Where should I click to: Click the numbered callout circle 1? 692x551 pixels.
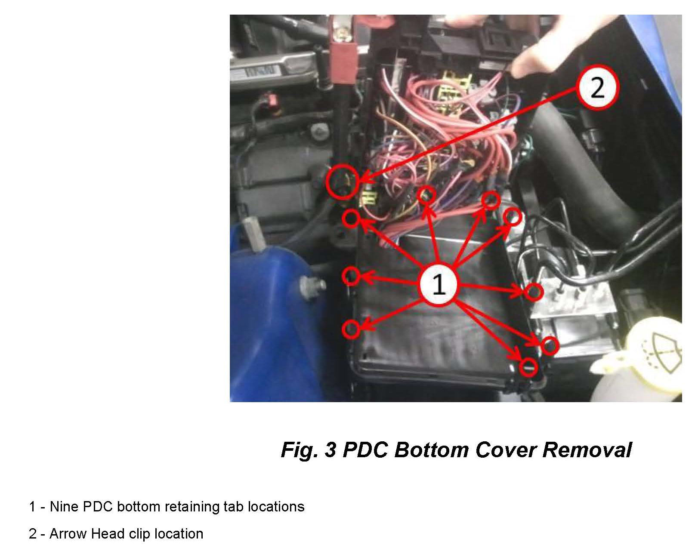coord(439,284)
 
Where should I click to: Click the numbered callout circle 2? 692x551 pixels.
coord(597,88)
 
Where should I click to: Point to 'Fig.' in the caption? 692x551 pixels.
coord(300,450)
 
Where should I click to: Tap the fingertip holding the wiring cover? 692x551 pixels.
coord(527,64)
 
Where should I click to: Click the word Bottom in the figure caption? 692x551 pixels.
coord(431,449)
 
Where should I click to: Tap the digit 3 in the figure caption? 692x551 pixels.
coord(330,449)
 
